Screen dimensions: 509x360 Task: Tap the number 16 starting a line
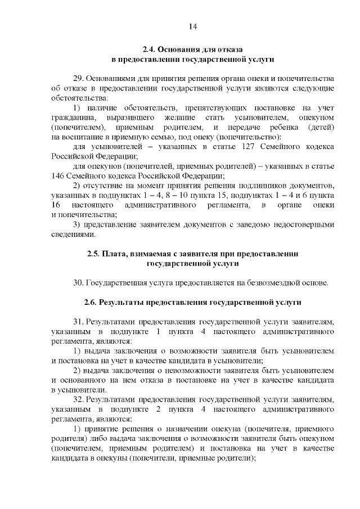pyautogui.click(x=56, y=205)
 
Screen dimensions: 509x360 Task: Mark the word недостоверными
pyautogui.click(x=301, y=224)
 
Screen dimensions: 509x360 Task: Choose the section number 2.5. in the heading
pyautogui.click(x=93, y=253)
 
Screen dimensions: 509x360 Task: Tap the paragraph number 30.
pyautogui.click(x=79, y=282)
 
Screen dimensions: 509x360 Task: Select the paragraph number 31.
pyautogui.click(x=79, y=322)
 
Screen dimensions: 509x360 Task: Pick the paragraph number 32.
pyautogui.click(x=79, y=399)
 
